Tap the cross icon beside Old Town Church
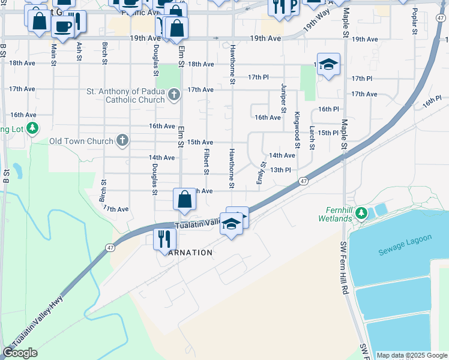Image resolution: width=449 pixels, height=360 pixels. tap(122, 141)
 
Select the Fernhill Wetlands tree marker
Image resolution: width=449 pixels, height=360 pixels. tap(361, 213)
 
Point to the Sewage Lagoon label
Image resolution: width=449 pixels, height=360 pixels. tap(405, 245)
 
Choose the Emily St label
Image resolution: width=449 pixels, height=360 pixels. tap(262, 173)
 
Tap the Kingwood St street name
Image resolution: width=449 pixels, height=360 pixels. tap(297, 130)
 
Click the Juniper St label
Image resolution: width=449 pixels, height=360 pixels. tap(283, 98)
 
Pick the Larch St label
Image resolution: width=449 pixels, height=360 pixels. tap(312, 137)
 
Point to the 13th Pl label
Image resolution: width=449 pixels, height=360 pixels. tap(280, 170)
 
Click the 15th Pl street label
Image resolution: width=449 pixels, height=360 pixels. tap(328, 133)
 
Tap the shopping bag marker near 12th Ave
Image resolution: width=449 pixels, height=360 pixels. tap(184, 199)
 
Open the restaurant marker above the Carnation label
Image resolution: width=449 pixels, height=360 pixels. tap(164, 239)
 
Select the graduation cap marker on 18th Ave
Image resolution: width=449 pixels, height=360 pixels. tap(328, 64)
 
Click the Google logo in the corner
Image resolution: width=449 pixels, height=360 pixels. tap(20, 353)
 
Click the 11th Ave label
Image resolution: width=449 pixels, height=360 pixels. tap(116, 209)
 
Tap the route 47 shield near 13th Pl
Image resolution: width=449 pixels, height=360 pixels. tap(304, 181)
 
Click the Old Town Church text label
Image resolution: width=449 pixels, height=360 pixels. tap(81, 142)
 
